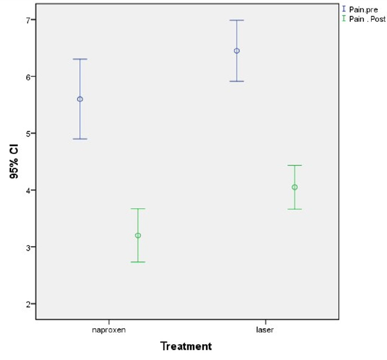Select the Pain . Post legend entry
(x=363, y=19)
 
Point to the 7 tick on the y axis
(x=29, y=20)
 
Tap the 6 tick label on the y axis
(x=29, y=77)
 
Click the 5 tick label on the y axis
(x=29, y=133)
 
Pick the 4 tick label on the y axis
(x=29, y=190)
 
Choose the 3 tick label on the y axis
(x=29, y=247)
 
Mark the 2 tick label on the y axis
(x=29, y=304)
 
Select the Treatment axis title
(x=186, y=346)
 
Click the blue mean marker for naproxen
(x=80, y=99)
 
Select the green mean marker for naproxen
(x=138, y=235)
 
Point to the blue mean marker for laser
(x=237, y=51)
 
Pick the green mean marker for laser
(x=295, y=187)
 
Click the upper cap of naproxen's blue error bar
(x=80, y=59)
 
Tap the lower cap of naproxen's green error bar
(x=138, y=262)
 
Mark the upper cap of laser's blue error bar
(x=237, y=20)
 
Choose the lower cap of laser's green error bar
(x=295, y=209)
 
